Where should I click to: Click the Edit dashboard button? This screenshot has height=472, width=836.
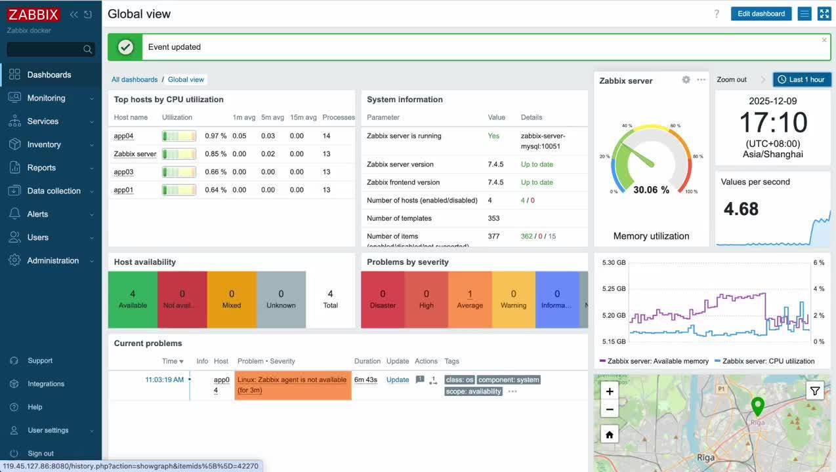pyautogui.click(x=761, y=14)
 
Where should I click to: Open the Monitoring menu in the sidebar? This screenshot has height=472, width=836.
pyautogui.click(x=46, y=98)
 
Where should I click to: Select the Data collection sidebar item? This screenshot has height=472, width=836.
pyautogui.click(x=54, y=191)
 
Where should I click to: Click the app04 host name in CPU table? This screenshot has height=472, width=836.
pyautogui.click(x=123, y=136)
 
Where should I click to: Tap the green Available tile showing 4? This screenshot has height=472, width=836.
pyautogui.click(x=133, y=300)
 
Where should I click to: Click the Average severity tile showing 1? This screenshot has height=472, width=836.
pyautogui.click(x=470, y=300)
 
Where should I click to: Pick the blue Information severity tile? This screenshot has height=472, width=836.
pyautogui.click(x=556, y=300)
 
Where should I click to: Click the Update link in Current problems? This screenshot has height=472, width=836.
pyautogui.click(x=398, y=380)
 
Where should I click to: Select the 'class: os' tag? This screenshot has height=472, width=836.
pyautogui.click(x=459, y=380)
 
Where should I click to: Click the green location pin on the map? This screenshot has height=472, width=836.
pyautogui.click(x=757, y=406)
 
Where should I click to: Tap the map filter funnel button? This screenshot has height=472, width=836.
pyautogui.click(x=814, y=391)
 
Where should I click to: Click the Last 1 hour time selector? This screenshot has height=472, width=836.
pyautogui.click(x=802, y=80)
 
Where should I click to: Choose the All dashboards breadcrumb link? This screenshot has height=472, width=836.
pyautogui.click(x=135, y=80)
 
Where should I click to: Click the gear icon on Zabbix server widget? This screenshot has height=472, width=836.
pyautogui.click(x=686, y=80)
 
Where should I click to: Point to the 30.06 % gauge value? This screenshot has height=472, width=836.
pyautogui.click(x=651, y=190)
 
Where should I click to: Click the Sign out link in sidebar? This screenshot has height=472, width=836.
pyautogui.click(x=41, y=454)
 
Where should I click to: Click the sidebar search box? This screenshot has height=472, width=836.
pyautogui.click(x=45, y=49)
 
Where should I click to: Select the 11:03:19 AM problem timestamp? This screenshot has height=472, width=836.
pyautogui.click(x=164, y=380)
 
